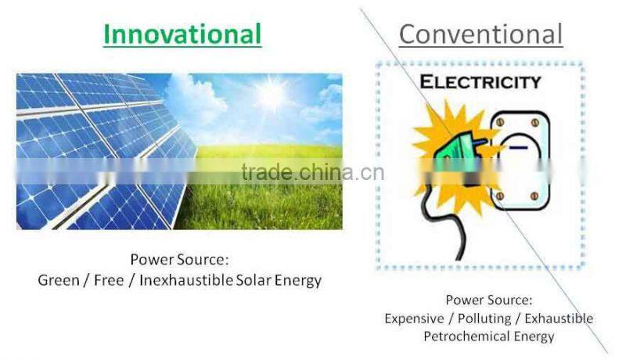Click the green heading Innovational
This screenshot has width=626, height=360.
(182, 34)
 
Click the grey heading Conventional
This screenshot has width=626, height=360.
(480, 34)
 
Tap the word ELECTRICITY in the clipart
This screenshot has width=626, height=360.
(480, 82)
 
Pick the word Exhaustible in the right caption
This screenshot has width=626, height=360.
(559, 319)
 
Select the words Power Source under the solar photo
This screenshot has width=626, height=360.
(179, 260)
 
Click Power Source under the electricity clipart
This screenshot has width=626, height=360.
(489, 300)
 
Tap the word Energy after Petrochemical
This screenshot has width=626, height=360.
(534, 337)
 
